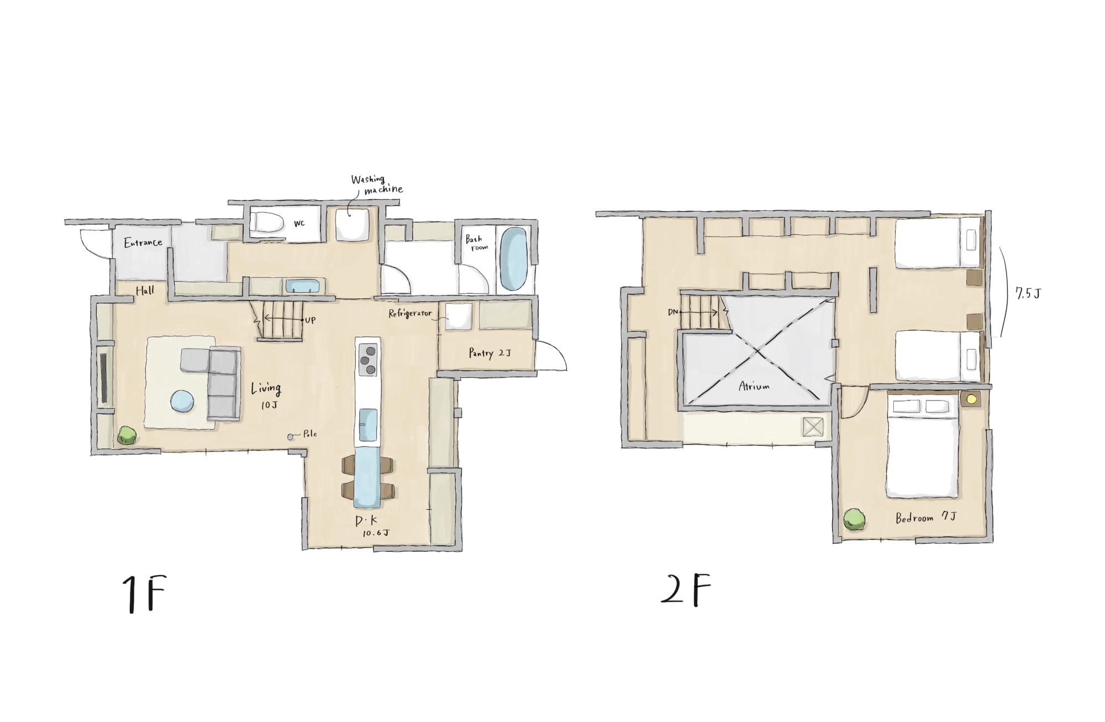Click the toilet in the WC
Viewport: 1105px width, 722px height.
point(268,224)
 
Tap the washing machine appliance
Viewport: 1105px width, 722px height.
point(352,225)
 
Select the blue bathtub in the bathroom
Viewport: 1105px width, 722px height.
point(513,260)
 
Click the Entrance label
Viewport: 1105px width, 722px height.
point(143,243)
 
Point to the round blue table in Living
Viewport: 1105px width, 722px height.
point(183,401)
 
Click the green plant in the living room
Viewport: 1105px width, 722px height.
point(127,435)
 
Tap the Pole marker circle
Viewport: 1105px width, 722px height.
point(291,437)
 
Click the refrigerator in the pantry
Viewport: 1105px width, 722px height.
point(459,317)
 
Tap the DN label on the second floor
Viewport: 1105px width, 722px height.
point(673,312)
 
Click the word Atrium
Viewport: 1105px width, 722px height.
point(754,386)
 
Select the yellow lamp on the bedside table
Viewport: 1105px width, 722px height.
point(971,398)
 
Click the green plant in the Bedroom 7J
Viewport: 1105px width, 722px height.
point(854,520)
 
